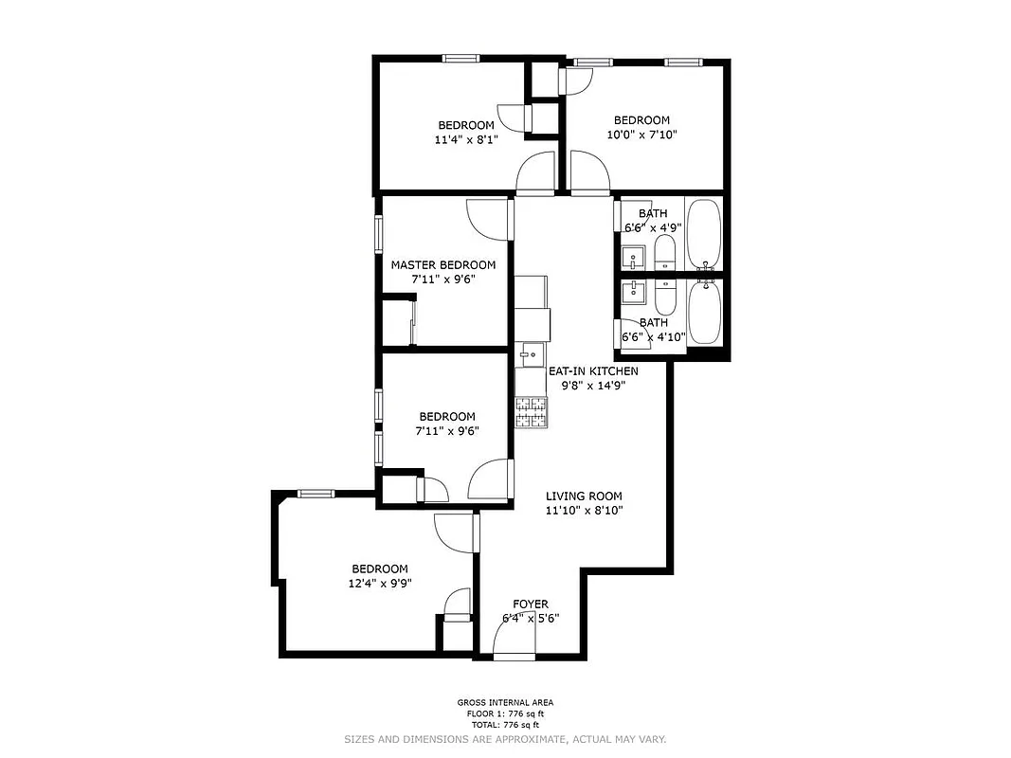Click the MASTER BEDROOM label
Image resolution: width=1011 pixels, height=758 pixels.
click(x=442, y=265)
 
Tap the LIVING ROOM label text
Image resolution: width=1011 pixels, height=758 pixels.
click(x=584, y=496)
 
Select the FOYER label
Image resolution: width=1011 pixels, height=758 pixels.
click(x=531, y=604)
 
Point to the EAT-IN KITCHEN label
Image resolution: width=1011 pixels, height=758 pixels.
click(x=593, y=371)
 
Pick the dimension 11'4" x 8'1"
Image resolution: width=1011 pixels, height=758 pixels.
click(x=465, y=138)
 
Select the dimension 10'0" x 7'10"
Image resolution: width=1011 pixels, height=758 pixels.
click(x=641, y=134)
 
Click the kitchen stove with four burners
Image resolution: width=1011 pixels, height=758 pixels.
click(x=532, y=411)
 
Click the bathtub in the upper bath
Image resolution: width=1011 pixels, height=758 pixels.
click(x=704, y=233)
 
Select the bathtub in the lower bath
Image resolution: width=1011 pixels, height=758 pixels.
click(x=704, y=314)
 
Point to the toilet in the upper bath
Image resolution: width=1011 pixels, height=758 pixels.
click(x=664, y=252)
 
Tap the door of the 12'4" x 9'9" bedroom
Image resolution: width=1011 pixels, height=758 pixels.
click(x=456, y=531)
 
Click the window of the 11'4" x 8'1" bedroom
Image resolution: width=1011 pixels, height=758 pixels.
click(x=460, y=59)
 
